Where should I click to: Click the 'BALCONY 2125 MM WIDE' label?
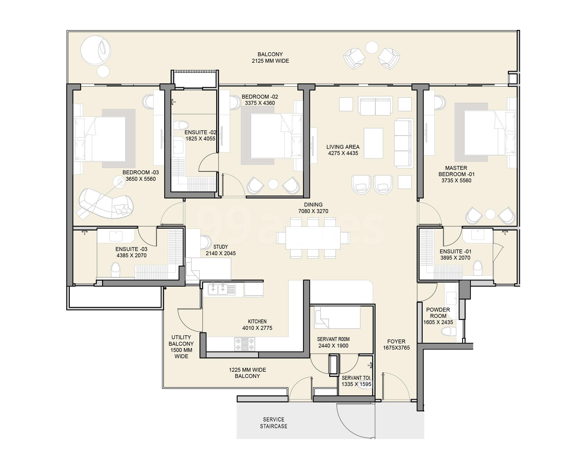pyautogui.click(x=270, y=57)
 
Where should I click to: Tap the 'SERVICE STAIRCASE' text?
pyautogui.click(x=273, y=423)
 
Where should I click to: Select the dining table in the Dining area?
pyautogui.click(x=313, y=237)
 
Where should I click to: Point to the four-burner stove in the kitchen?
pyautogui.click(x=245, y=344)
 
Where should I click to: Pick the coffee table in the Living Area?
pyautogui.click(x=373, y=143)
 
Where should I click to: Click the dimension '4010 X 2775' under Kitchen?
pyautogui.click(x=257, y=328)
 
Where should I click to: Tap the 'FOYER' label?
pyautogui.click(x=396, y=341)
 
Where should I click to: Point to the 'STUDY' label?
pyautogui.click(x=220, y=247)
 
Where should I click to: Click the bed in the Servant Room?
pyautogui.click(x=337, y=317)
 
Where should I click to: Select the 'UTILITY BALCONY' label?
pyautogui.click(x=181, y=340)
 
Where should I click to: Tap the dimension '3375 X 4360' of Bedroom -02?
pyautogui.click(x=260, y=103)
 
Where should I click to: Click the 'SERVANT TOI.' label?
pyautogui.click(x=356, y=378)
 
